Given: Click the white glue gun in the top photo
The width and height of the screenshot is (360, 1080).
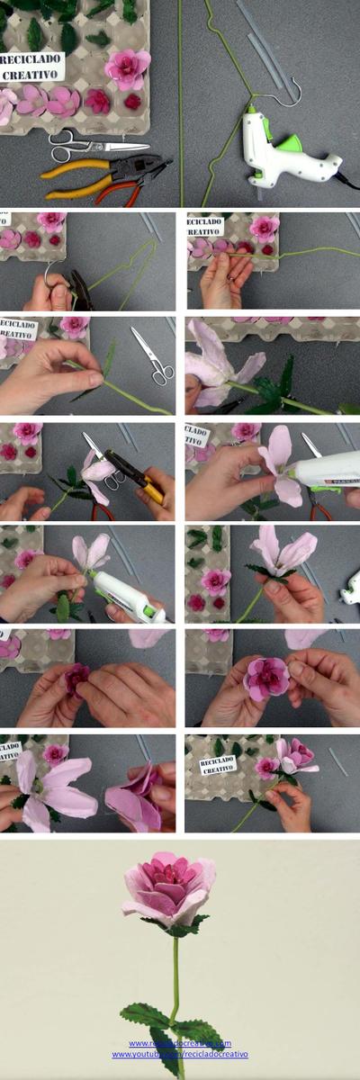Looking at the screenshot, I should click(283, 148).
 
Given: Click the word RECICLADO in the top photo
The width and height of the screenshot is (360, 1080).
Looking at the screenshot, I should click(32, 58).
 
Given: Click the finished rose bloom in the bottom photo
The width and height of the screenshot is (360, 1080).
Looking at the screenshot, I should click(169, 886).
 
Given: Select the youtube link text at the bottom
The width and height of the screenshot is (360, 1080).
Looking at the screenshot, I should click(180, 1054).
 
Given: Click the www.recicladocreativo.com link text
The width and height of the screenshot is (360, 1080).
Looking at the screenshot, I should click(180, 1043).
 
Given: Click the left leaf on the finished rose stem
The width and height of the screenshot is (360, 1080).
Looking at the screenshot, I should click(144, 1015).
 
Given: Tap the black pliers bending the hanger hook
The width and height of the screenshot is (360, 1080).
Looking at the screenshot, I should click(81, 288).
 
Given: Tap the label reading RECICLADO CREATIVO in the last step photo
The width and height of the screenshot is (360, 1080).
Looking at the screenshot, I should click(218, 765).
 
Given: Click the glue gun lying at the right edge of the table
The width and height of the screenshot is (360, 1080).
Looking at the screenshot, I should click(351, 587).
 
